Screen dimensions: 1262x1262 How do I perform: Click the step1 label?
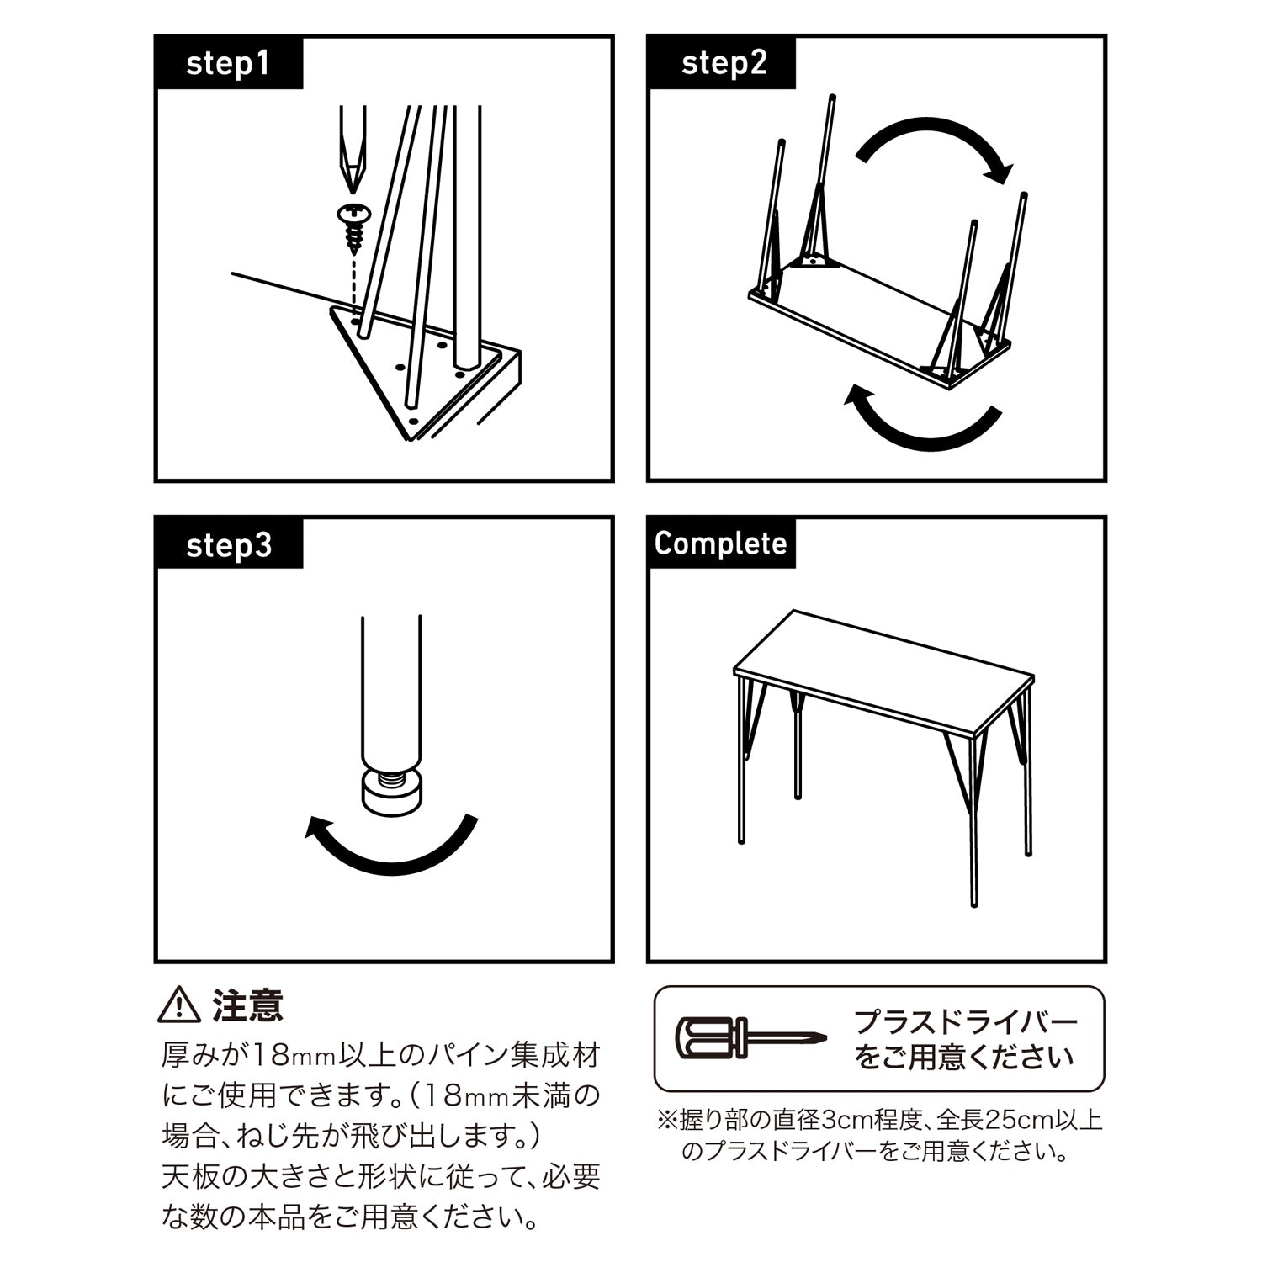[228, 63]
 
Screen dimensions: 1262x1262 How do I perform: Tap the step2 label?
[724, 63]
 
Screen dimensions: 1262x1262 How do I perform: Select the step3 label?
[229, 545]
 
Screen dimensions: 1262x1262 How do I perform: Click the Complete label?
[720, 544]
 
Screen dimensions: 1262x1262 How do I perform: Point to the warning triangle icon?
[179, 1005]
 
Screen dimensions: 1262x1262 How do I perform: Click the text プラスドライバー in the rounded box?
[966, 1023]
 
